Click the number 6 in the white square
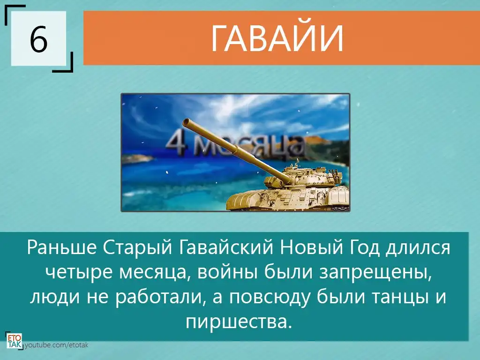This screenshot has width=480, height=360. point(38,39)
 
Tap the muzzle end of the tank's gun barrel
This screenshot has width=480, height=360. point(186,123)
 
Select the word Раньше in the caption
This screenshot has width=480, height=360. point(62,247)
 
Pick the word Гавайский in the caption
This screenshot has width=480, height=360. point(225,247)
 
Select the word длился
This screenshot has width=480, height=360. point(418,248)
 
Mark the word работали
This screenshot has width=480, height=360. point(159,296)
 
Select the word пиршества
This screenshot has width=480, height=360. point(238,322)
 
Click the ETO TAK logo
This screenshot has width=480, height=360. point(14,341)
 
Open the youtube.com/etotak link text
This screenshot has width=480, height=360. point(56,345)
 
